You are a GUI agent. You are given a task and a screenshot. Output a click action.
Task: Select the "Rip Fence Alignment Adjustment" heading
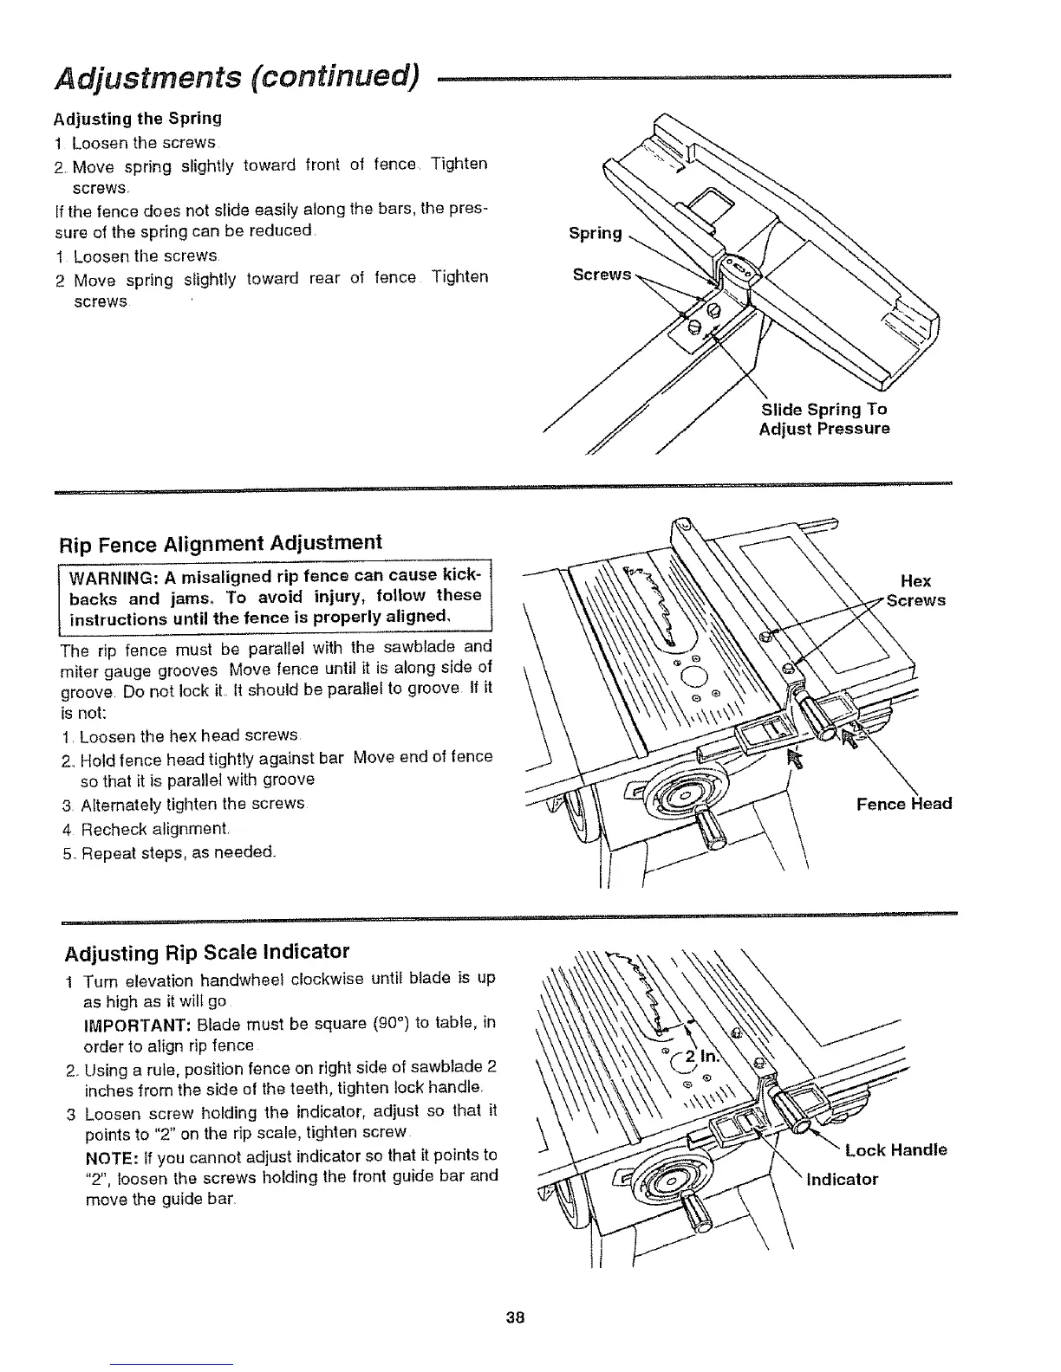(219, 543)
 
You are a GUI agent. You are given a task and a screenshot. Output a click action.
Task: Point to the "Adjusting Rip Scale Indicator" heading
(207, 953)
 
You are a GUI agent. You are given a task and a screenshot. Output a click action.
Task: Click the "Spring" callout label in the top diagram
(595, 233)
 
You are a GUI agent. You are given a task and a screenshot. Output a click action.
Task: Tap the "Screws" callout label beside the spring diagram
(602, 275)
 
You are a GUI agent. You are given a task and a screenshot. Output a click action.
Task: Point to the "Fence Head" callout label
(903, 804)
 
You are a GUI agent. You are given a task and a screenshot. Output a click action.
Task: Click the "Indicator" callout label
(843, 1180)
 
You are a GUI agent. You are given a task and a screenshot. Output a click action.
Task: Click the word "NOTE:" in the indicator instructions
(109, 1155)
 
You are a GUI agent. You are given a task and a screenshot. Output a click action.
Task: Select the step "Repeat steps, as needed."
(169, 852)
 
